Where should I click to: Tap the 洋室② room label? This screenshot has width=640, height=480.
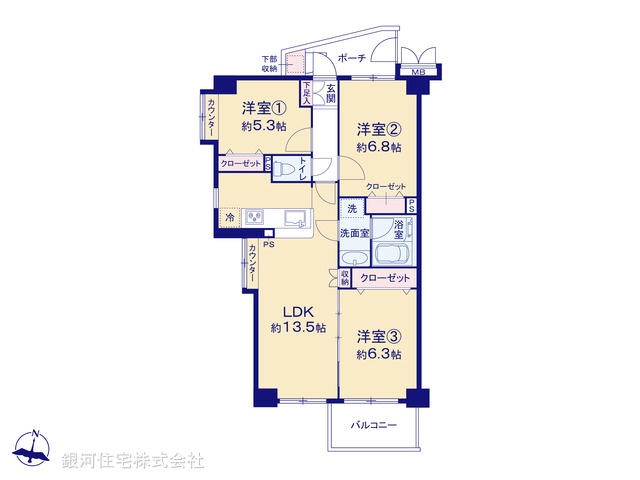380,129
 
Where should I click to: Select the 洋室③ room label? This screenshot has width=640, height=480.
379,336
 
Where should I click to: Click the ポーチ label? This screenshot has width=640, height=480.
351,58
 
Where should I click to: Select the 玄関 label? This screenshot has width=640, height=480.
330,92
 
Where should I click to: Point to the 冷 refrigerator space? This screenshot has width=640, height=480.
229,217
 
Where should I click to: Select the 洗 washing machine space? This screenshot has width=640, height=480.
351,209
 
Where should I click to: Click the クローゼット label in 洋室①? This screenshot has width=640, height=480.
241,163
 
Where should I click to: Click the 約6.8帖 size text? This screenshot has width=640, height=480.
380,147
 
